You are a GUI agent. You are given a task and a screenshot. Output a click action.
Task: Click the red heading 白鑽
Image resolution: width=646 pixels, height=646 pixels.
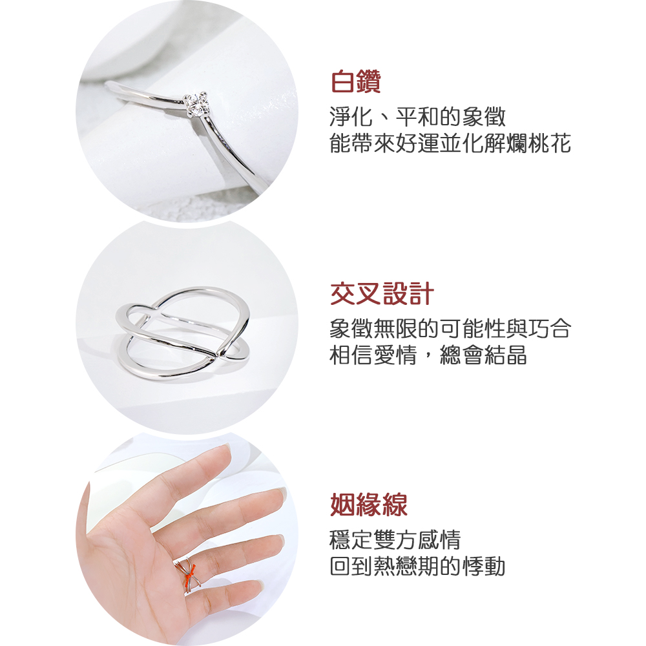point(356,81)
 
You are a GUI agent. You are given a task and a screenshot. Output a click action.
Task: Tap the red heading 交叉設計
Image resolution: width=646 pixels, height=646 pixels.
point(382,294)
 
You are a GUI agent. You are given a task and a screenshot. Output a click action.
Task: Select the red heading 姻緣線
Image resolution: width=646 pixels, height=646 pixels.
point(369,505)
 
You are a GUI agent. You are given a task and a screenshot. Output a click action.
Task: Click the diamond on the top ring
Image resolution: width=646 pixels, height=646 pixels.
point(196,105)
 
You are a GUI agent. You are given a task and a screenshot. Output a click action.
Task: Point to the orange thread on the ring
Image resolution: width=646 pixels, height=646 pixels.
point(191,572)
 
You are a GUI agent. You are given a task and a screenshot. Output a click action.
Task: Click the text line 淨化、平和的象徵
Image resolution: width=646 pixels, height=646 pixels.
point(417,117)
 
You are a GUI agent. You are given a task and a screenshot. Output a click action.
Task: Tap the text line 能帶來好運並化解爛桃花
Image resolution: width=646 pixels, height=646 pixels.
point(450,143)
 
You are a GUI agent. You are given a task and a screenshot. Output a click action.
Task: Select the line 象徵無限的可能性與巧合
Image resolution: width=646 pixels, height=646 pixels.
point(450,328)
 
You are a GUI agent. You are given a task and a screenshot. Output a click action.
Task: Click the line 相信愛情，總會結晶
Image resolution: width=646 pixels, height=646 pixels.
point(428,355)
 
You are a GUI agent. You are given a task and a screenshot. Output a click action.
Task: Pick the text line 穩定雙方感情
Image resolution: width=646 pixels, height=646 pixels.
point(395,539)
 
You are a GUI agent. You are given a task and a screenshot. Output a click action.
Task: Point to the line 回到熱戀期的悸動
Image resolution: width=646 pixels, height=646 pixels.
point(417,566)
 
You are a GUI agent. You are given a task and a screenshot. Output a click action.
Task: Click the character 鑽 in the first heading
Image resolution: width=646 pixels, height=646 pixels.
point(369,81)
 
